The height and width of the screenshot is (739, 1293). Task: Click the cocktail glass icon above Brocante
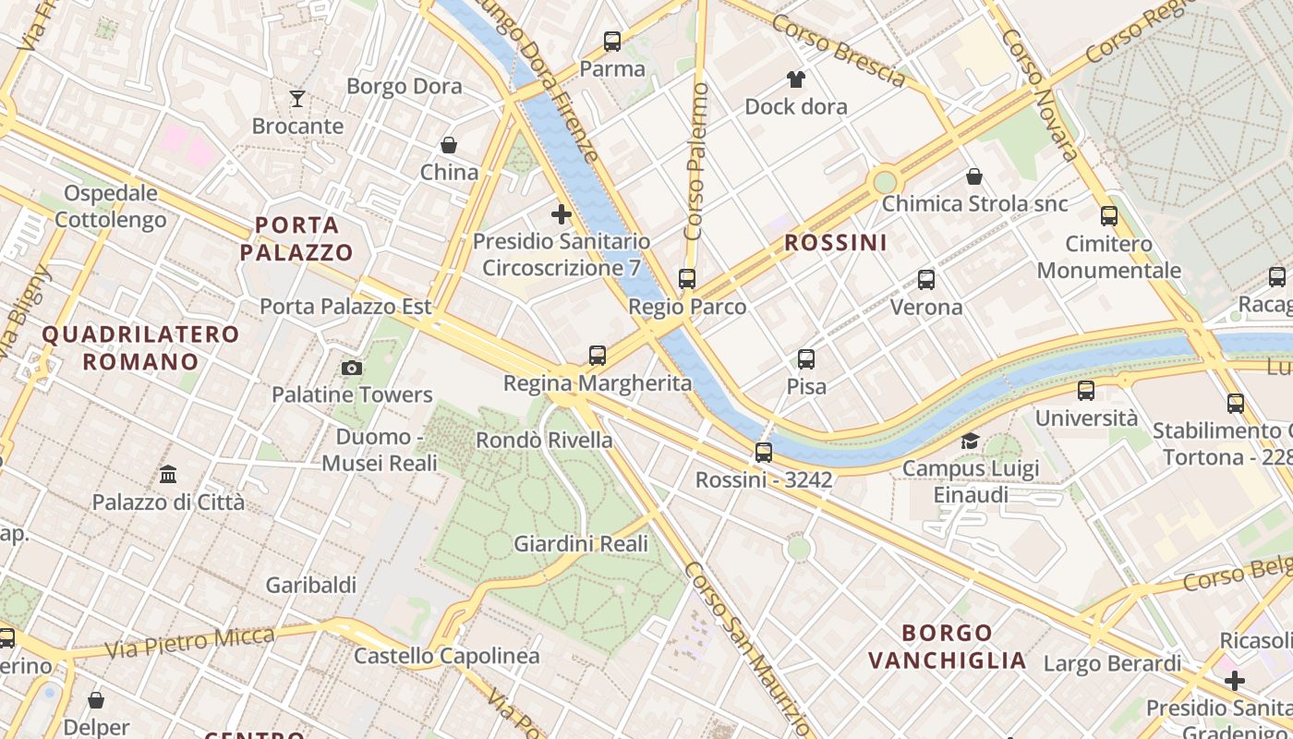point(296,98)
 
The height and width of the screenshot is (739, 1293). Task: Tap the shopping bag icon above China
point(449,145)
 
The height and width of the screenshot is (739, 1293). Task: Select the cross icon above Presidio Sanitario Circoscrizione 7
point(561,214)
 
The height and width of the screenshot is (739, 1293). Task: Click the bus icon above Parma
point(611,41)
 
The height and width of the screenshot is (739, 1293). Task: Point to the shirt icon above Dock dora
point(795,79)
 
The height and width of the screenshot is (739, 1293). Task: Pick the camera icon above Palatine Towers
point(351,368)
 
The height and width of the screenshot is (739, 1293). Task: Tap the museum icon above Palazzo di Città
point(168,475)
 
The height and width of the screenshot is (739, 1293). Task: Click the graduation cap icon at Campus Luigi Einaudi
point(970,441)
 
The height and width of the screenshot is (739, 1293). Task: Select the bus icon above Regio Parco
point(686,278)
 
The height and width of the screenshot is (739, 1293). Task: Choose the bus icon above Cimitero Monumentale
point(1108,216)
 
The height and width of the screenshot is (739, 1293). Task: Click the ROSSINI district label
point(835,243)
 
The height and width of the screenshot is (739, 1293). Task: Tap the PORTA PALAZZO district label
point(296,238)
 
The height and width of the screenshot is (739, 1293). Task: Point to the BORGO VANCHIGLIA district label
point(947,647)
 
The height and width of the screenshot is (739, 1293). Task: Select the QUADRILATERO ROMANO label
point(140,347)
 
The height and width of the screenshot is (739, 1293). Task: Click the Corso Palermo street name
point(697,161)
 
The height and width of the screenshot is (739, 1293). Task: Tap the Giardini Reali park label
point(581,544)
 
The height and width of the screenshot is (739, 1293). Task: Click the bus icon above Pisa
point(806,358)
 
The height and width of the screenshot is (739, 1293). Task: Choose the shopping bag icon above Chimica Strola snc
point(973,176)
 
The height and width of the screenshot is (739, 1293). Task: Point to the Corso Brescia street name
point(839,51)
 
